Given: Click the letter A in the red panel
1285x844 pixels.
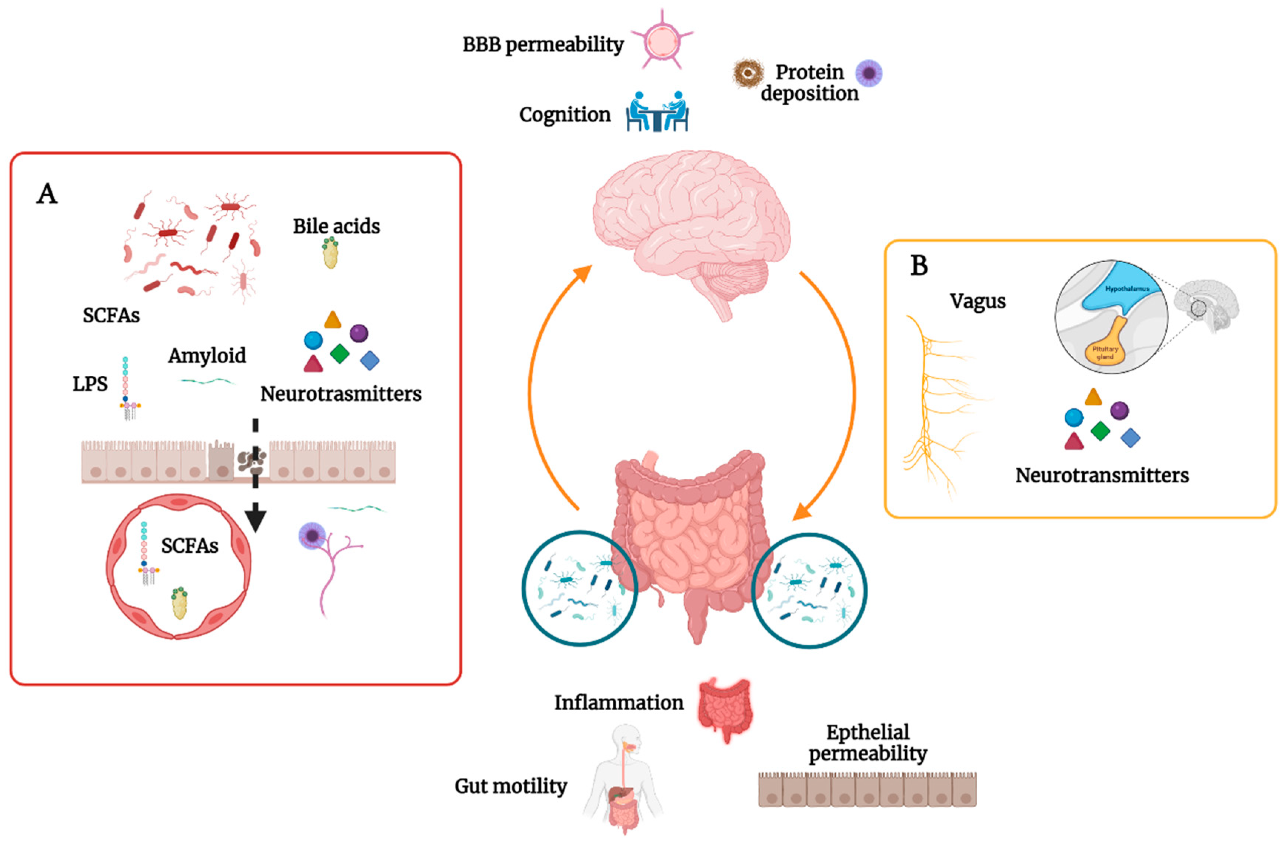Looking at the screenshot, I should pos(47,194).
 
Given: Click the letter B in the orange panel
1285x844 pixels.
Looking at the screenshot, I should pos(919,266).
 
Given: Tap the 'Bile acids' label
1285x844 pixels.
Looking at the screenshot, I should pos(336,226).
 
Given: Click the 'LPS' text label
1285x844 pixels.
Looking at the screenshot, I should pos(90,384).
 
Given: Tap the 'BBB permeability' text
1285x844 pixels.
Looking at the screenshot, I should pos(543,44).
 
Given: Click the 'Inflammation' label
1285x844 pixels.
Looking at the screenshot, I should pos(619,702).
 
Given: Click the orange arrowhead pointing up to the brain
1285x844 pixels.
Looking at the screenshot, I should pos(584,273).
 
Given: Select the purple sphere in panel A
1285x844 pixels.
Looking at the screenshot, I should pos(359,333).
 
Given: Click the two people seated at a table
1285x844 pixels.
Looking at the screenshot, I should pos(657,112).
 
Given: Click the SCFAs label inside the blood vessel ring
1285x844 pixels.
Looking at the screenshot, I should pos(190,546).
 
